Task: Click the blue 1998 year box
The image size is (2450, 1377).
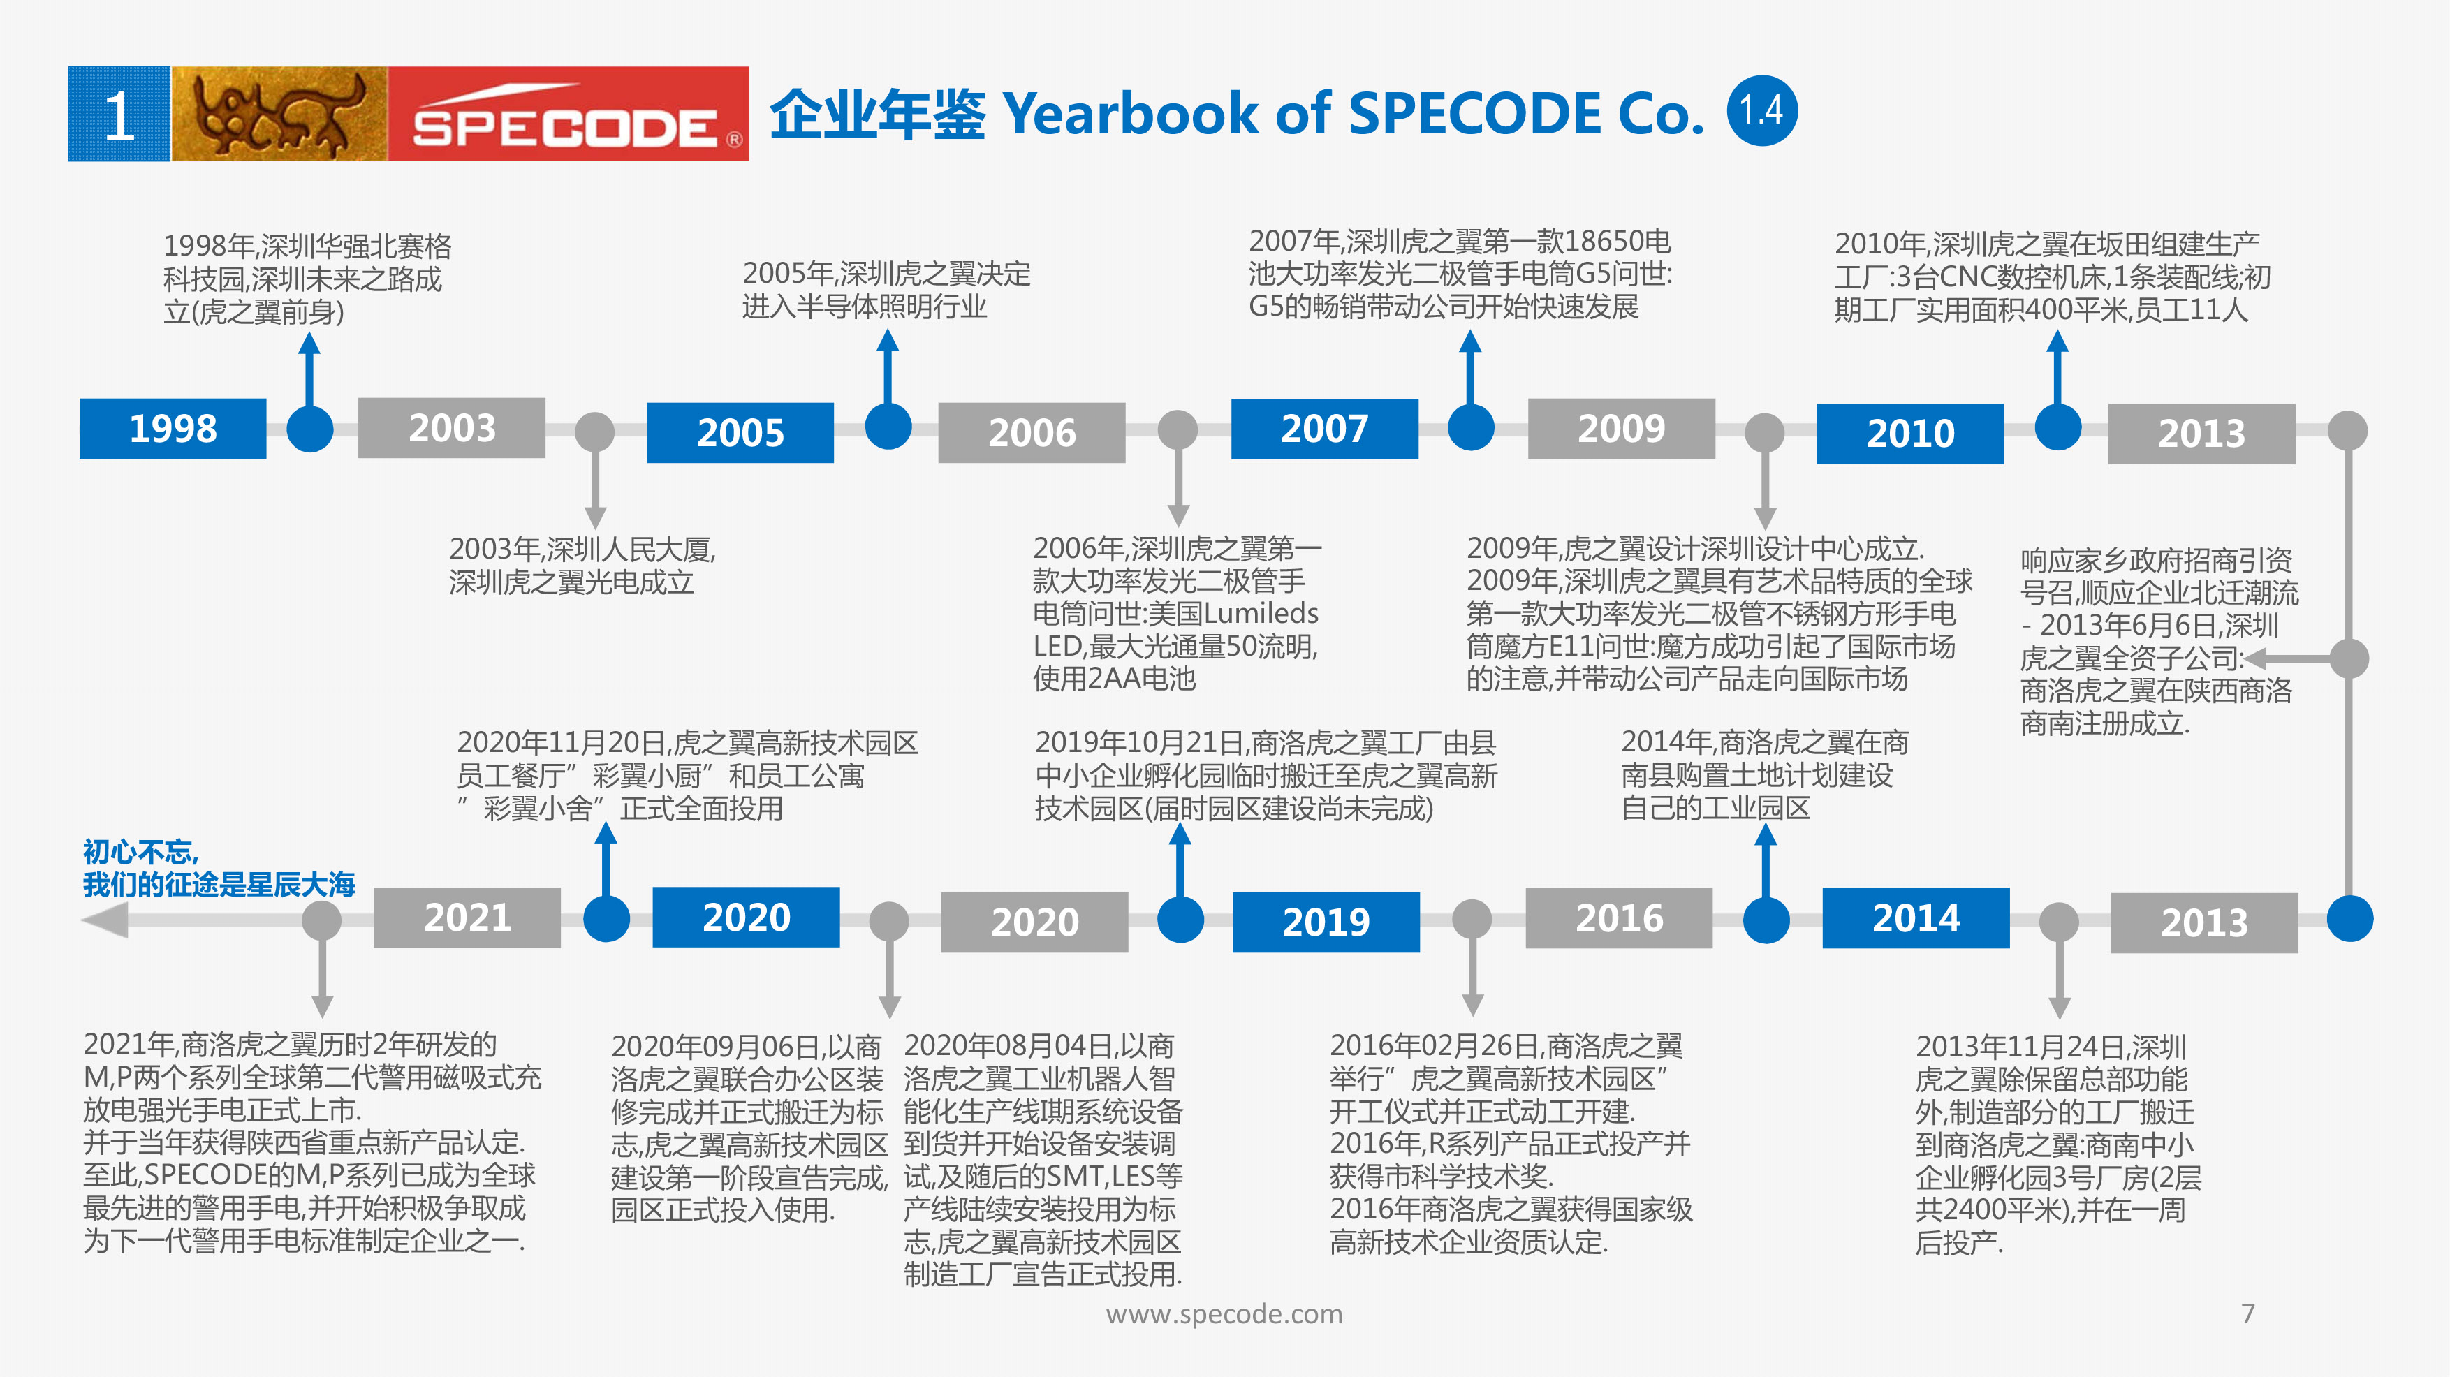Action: (x=173, y=429)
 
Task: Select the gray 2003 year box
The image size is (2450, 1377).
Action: (x=452, y=428)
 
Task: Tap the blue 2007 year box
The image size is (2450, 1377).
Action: (x=1325, y=429)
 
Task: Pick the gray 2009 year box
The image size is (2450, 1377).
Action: (x=1622, y=429)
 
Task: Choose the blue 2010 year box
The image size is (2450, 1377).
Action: (x=1909, y=434)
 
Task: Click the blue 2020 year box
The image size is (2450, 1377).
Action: (x=747, y=918)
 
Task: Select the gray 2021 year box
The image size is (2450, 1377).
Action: (x=467, y=918)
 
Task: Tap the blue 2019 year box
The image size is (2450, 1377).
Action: (x=1326, y=922)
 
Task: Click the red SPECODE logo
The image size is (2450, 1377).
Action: (x=568, y=114)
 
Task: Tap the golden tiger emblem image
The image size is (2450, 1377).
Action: (x=279, y=114)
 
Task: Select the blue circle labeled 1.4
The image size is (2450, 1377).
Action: (x=1762, y=111)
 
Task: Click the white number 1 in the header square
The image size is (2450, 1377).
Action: (x=120, y=116)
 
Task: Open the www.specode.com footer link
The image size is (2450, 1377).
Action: (x=1224, y=1314)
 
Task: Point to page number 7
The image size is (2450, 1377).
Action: (x=2248, y=1313)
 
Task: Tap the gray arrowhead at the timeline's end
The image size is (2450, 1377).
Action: (x=105, y=920)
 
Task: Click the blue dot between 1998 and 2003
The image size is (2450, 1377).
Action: (x=310, y=429)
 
